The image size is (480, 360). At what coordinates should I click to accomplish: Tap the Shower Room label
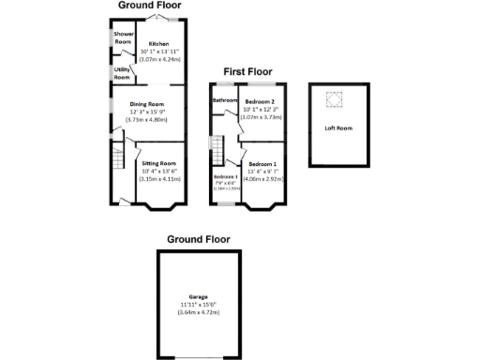point(123,38)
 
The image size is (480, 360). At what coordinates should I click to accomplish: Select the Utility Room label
point(122,73)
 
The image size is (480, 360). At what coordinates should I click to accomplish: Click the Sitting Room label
point(158,163)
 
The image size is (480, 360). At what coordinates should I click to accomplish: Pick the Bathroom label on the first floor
point(224,100)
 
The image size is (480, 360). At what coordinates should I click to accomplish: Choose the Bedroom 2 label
point(261,100)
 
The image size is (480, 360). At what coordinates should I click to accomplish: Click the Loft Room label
point(337,127)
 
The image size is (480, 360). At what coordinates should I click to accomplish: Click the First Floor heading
point(247,70)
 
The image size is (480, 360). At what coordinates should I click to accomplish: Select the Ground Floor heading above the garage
point(198,240)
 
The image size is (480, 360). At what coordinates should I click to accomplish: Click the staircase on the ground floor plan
point(117,157)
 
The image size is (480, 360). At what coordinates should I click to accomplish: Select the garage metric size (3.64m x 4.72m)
point(198,311)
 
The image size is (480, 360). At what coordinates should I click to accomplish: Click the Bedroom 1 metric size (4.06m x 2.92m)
point(263,177)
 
